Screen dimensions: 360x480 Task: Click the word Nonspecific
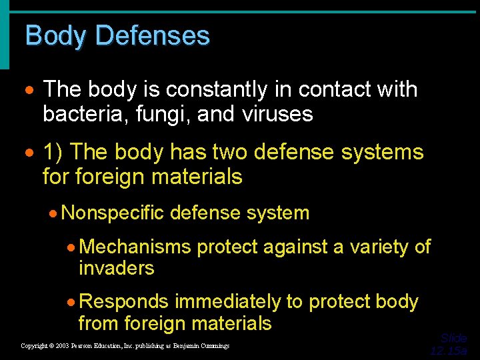[111, 213]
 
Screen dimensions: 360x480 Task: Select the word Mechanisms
[135, 247]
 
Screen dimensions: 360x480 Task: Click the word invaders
[116, 268]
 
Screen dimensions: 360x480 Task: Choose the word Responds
[123, 302]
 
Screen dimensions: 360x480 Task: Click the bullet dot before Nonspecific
[53, 214]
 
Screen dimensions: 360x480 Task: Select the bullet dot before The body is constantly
[29, 90]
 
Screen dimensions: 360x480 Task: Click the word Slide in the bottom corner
[454, 338]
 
